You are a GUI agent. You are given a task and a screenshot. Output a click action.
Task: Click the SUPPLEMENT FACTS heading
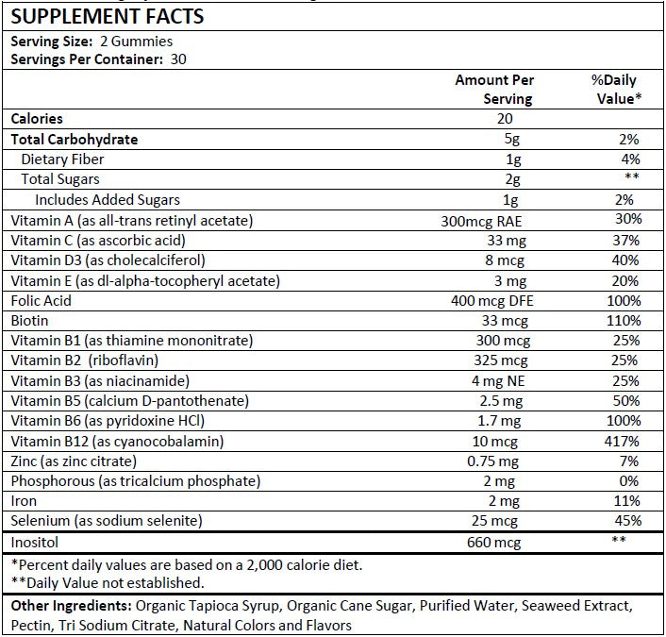[x=106, y=16]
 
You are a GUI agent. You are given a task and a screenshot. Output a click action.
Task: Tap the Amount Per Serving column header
[x=494, y=90]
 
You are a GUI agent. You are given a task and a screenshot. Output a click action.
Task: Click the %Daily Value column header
[x=616, y=90]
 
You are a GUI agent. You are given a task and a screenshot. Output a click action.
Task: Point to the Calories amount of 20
[x=504, y=119]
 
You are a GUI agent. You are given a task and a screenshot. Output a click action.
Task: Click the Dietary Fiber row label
[x=62, y=159]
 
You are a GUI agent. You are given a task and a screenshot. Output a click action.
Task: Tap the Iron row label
[x=24, y=501]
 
